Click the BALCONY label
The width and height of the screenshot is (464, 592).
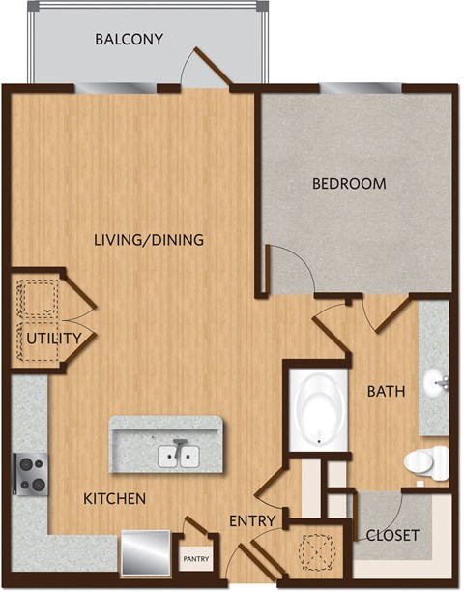[x=129, y=40]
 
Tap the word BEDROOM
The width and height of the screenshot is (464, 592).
[x=348, y=183]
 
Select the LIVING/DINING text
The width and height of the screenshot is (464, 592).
[x=148, y=239]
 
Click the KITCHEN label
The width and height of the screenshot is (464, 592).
[x=114, y=499]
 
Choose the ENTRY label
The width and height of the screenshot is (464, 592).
[x=253, y=521]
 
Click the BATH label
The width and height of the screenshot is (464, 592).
[x=385, y=392]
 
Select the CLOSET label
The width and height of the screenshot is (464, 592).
[x=392, y=534]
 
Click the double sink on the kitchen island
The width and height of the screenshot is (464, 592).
[x=177, y=455]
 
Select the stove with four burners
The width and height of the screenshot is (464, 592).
[x=29, y=473]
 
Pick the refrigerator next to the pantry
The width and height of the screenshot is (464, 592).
[x=146, y=551]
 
